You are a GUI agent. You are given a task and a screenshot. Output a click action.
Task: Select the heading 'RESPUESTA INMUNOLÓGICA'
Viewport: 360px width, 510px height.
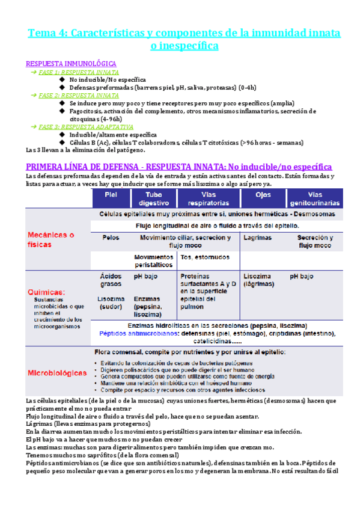tap(71, 63)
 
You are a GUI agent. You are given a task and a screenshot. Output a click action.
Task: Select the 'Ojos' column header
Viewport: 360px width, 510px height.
tap(262, 195)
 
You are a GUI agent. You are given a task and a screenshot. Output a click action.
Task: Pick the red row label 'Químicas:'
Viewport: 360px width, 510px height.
tap(47, 291)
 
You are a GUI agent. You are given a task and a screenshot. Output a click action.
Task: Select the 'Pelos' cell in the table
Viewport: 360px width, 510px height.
tap(111, 238)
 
